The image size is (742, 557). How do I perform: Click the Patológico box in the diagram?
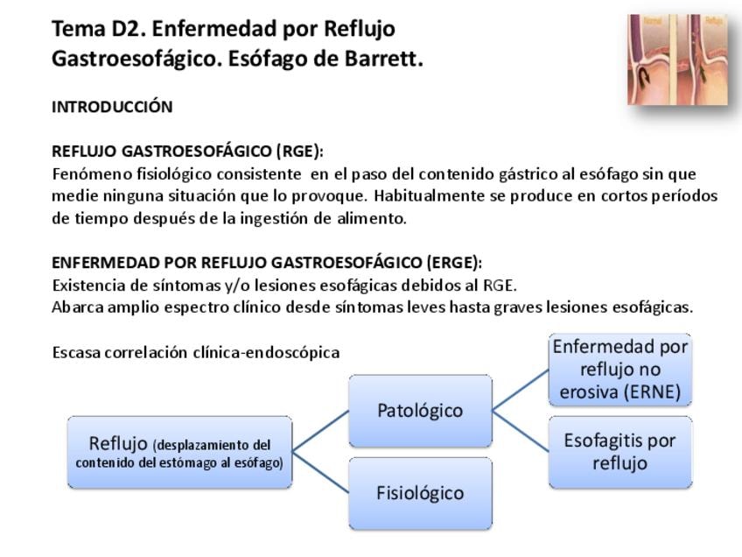420,411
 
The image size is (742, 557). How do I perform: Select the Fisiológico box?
420,493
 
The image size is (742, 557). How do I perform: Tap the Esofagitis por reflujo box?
619,452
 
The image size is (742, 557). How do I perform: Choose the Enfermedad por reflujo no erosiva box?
619,369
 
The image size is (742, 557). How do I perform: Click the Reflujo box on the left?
179,452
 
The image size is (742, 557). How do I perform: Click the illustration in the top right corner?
677,59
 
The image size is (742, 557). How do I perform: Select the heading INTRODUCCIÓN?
112,107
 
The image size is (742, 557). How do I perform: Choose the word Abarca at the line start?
77,307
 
